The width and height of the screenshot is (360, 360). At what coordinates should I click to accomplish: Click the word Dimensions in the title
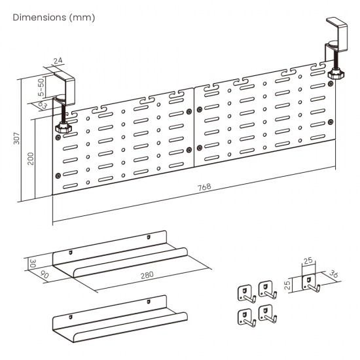(x=38, y=16)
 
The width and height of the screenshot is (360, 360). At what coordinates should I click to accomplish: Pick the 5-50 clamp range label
(x=41, y=88)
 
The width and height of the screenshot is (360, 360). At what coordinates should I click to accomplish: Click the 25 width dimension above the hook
(x=308, y=262)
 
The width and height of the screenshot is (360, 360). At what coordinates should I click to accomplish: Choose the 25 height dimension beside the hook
(x=287, y=283)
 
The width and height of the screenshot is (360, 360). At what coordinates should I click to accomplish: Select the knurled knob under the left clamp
(x=63, y=126)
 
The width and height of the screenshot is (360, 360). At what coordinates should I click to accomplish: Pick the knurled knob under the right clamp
(x=336, y=73)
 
